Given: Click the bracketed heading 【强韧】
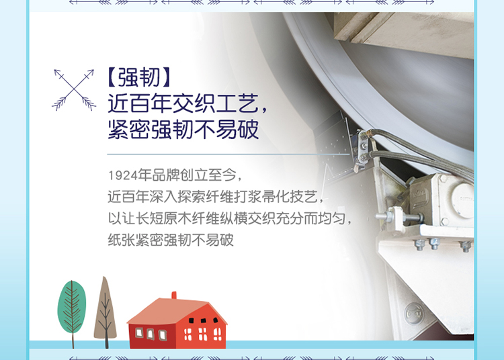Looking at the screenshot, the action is pos(138,77).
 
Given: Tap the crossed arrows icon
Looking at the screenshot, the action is pos(74,89).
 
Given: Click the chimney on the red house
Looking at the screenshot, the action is pos(174,295).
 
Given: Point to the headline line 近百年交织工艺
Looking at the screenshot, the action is pos(187,103).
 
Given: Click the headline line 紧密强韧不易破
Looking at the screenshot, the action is pos(183,129).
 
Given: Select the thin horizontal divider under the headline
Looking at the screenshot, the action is pos(228,154).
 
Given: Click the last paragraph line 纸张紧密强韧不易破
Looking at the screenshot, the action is pos(171,240).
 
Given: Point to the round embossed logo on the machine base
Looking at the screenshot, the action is pos(414,313).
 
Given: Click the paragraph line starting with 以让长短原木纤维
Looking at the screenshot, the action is pos(230,219).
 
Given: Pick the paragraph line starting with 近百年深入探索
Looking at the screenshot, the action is pos(215,197).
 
